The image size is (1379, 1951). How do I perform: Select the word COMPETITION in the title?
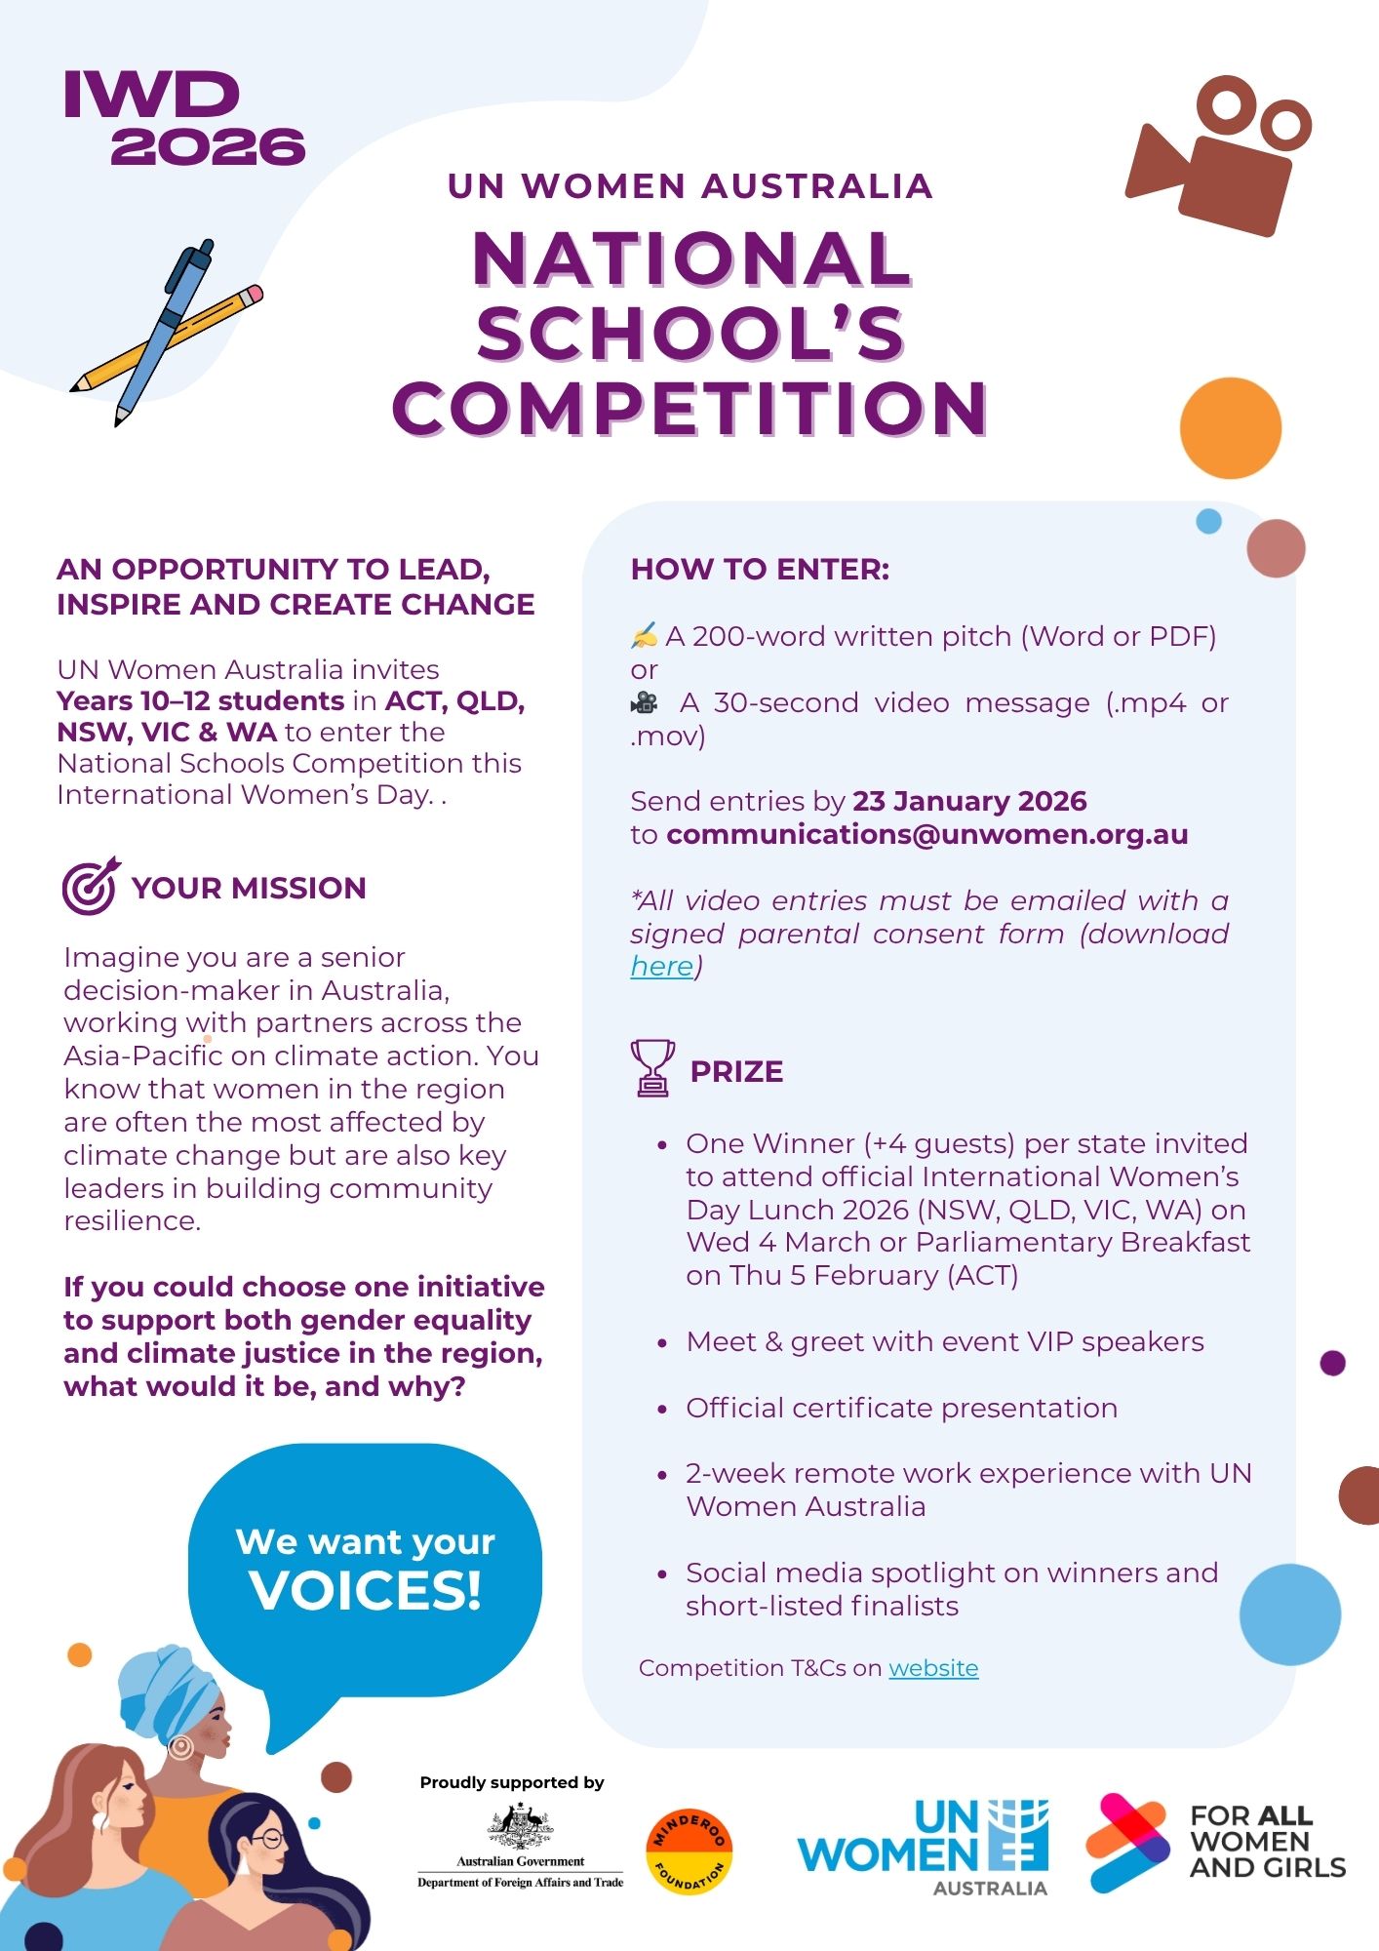point(689,409)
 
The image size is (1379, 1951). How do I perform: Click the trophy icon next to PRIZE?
point(652,1068)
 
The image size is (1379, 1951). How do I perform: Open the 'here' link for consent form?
point(661,966)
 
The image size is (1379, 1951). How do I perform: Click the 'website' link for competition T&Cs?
point(933,1668)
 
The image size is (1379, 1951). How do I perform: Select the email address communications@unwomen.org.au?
point(926,835)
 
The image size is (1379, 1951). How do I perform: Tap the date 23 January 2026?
point(969,801)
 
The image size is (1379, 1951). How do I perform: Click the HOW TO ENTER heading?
point(760,570)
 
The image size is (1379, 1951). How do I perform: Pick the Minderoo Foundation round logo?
point(689,1851)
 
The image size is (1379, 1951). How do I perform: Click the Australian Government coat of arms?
point(521,1826)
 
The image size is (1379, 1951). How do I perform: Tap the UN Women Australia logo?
point(923,1848)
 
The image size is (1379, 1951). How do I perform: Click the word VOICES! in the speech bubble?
point(366,1591)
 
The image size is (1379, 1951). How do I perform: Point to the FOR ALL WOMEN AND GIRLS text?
point(1266,1842)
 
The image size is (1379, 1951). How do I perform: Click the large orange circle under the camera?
point(1230,428)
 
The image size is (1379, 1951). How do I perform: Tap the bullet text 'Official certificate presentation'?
point(901,1408)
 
